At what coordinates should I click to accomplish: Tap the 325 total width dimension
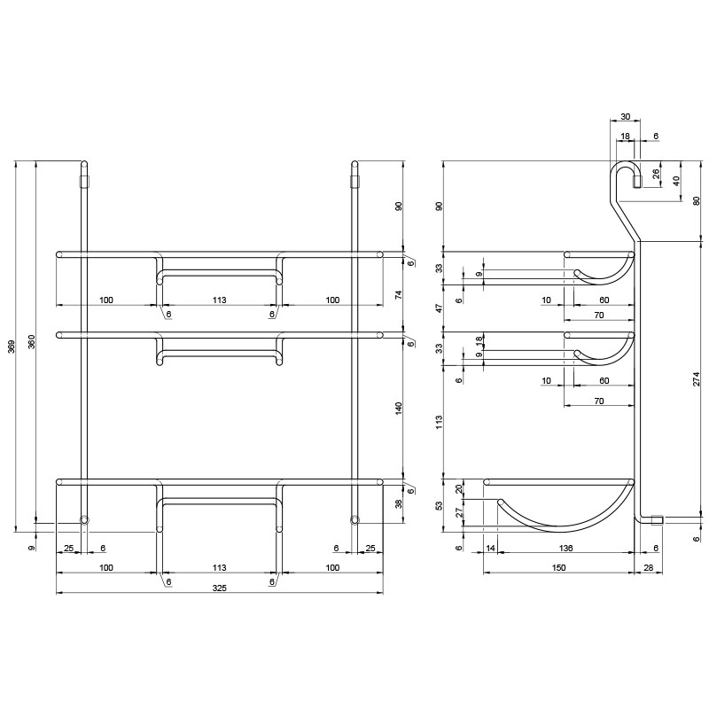pyautogui.click(x=219, y=588)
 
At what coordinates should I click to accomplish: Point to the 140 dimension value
pyautogui.click(x=398, y=409)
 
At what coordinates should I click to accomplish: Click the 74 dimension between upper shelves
pyautogui.click(x=398, y=295)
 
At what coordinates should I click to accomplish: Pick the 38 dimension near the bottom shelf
pyautogui.click(x=398, y=503)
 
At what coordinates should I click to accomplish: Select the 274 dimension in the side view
pyautogui.click(x=697, y=379)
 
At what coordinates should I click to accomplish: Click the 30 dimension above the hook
pyautogui.click(x=625, y=117)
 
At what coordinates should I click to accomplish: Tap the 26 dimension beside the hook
pyautogui.click(x=657, y=174)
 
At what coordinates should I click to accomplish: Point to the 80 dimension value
pyautogui.click(x=697, y=201)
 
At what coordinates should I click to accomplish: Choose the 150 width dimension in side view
pyautogui.click(x=559, y=568)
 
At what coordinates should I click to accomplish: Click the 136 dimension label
pyautogui.click(x=565, y=548)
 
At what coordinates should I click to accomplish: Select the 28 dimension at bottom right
pyautogui.click(x=648, y=568)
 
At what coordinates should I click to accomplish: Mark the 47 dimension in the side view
pyautogui.click(x=439, y=308)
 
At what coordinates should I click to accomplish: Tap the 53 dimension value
pyautogui.click(x=439, y=505)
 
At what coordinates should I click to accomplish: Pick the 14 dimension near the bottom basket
pyautogui.click(x=491, y=548)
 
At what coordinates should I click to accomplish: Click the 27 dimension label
pyautogui.click(x=458, y=512)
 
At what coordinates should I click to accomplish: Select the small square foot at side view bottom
pyautogui.click(x=657, y=520)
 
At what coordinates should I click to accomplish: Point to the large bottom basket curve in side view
pyautogui.click(x=565, y=528)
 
